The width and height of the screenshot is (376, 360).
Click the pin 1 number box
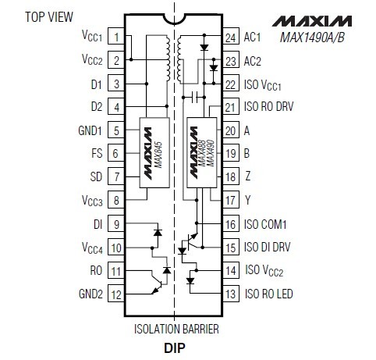[116, 36]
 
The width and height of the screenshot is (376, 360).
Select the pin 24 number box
[231, 36]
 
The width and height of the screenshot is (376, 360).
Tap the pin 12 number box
[116, 294]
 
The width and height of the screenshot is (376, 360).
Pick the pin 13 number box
[231, 294]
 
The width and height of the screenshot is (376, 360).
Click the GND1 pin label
[90, 130]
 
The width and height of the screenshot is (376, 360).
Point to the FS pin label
[97, 153]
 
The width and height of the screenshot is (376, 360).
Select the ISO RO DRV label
[268, 106]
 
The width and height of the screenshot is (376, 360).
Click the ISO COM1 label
[265, 224]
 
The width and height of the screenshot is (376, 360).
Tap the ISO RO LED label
[269, 294]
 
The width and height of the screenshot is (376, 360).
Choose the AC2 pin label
[252, 61]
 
